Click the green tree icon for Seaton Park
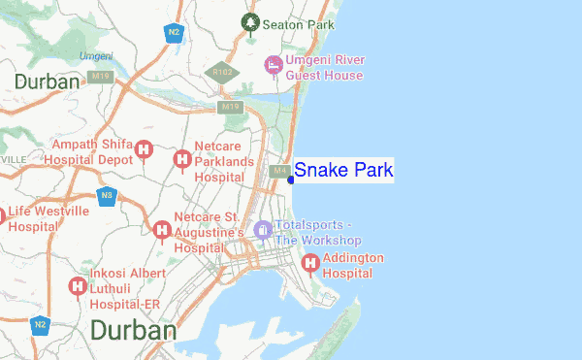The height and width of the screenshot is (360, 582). [x=250, y=22]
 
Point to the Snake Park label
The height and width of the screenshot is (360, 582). [x=343, y=171]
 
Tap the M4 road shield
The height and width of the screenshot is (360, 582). [x=279, y=172]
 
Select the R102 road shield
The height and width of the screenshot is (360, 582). [x=221, y=73]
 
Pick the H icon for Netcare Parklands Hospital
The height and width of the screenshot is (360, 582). [x=181, y=158]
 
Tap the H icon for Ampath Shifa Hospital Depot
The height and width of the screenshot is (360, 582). [x=145, y=149]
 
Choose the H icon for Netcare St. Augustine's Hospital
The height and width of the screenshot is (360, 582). [x=161, y=230]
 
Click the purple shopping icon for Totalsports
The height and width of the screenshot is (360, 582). [x=261, y=229]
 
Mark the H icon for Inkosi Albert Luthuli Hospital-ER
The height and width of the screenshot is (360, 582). [x=77, y=286]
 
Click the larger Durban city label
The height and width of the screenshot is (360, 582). [x=133, y=331]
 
